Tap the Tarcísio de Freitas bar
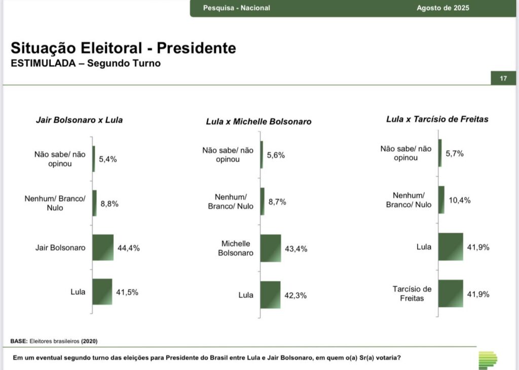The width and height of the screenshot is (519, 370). [x=451, y=293]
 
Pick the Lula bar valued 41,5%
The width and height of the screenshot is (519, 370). [x=102, y=292]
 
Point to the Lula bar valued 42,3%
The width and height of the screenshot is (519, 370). [x=270, y=295]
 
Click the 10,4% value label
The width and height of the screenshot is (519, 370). [x=459, y=200]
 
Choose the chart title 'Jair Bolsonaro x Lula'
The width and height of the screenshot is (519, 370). [x=79, y=120]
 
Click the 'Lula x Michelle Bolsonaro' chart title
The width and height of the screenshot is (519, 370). [x=258, y=121]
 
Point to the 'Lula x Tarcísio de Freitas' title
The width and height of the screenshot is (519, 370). [x=437, y=119]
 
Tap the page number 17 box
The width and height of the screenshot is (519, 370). [x=503, y=78]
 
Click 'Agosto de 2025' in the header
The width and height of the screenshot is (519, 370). [x=442, y=8]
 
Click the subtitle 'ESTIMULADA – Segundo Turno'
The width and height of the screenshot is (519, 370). [x=86, y=64]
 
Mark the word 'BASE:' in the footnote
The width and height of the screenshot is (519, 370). [x=19, y=341]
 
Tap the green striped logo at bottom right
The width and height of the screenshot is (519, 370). [x=488, y=360]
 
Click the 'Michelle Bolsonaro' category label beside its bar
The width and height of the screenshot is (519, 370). [x=235, y=248]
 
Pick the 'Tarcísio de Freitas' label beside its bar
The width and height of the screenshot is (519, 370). [x=412, y=294]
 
